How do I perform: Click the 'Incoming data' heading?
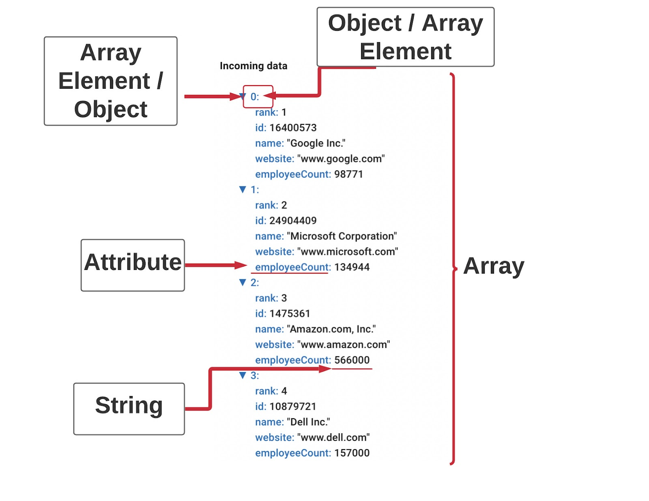click(x=253, y=66)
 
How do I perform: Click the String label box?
click(x=129, y=409)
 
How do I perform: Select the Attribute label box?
click(x=133, y=265)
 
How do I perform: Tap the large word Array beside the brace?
click(x=494, y=266)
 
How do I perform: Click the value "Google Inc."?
click(x=316, y=143)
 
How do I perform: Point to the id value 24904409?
click(x=293, y=221)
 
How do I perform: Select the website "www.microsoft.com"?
click(x=348, y=252)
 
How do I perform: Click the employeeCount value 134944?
click(x=352, y=267)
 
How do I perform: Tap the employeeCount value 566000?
click(x=352, y=360)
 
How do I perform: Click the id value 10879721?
click(x=293, y=407)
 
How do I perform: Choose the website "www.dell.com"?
click(x=333, y=438)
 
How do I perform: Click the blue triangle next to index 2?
click(x=243, y=282)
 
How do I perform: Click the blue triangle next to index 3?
click(x=243, y=375)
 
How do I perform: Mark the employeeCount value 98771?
click(x=348, y=174)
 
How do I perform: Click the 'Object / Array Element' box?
click(x=405, y=37)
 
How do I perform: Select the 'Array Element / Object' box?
click(x=110, y=81)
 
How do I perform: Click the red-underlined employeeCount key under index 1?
click(x=292, y=267)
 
